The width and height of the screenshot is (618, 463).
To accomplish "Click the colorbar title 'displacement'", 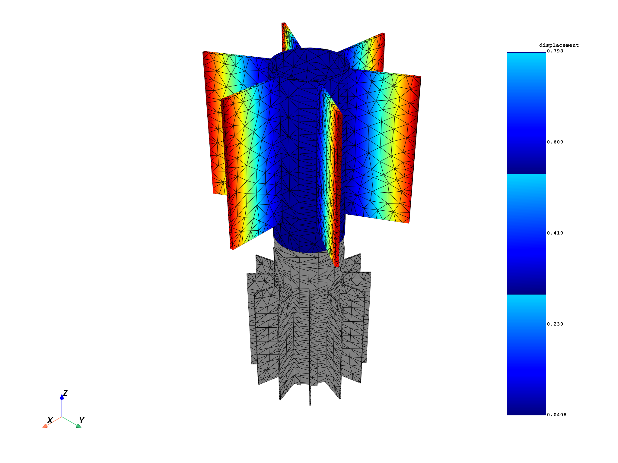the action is (559, 45).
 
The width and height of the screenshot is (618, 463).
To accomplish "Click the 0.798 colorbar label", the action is (555, 51).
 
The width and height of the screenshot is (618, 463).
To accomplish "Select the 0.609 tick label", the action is (555, 142).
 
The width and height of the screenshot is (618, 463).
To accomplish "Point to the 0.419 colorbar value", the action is (555, 233).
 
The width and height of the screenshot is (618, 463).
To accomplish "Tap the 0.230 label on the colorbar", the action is (555, 324).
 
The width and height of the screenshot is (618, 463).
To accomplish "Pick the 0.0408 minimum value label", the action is (557, 415).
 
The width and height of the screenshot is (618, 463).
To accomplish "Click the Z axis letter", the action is (65, 393).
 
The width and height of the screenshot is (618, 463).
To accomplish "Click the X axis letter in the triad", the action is (50, 420).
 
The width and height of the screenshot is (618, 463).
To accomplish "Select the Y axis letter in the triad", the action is (81, 420).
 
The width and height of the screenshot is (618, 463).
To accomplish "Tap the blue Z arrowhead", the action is (62, 397).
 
